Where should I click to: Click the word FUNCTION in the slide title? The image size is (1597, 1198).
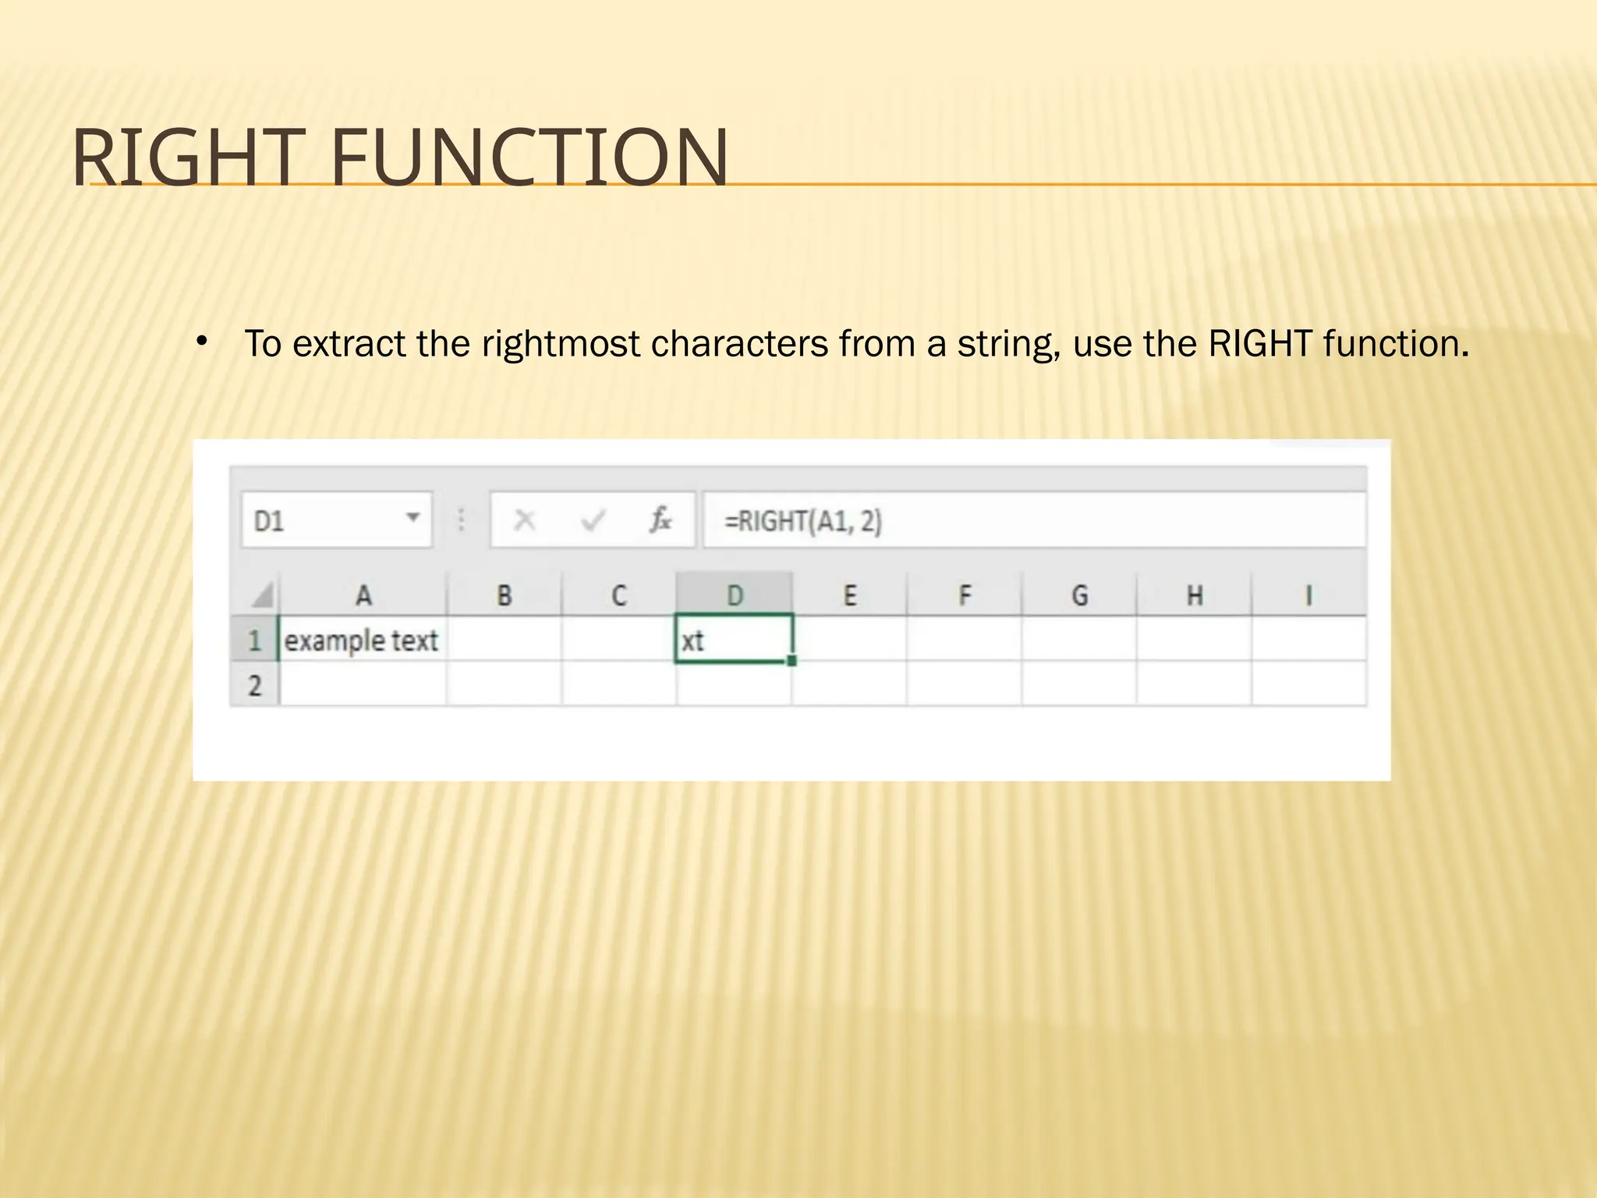[529, 158]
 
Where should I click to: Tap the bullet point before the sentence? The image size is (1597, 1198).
[202, 341]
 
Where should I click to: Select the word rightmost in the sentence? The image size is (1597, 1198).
[561, 344]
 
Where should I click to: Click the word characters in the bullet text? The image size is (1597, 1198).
[738, 344]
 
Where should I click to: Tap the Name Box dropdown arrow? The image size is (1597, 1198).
[413, 517]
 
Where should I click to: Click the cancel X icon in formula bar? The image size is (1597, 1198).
[525, 519]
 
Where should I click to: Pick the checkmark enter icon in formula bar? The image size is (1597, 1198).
[593, 519]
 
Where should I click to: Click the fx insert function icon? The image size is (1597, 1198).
[660, 519]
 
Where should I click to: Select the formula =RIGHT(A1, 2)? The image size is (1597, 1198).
[803, 521]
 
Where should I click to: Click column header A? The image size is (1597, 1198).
[363, 596]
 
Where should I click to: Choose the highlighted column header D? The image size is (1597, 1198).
[735, 596]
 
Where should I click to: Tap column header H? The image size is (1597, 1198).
[1194, 596]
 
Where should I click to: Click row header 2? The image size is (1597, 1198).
[255, 686]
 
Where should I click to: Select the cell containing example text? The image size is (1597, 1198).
[362, 640]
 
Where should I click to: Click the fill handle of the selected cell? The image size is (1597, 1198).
[791, 661]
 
